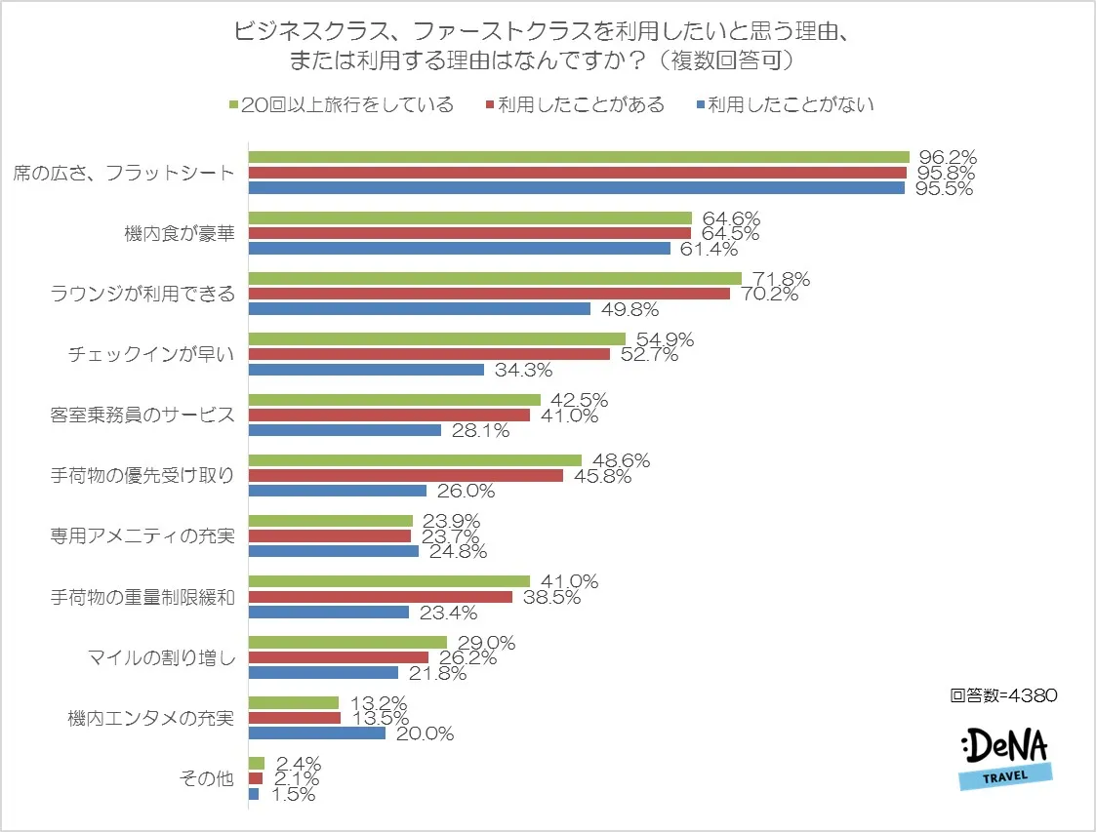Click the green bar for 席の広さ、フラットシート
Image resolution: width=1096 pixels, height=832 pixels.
click(x=579, y=157)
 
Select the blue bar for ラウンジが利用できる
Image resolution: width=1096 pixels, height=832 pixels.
click(x=420, y=309)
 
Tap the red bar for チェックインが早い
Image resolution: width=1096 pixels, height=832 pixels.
click(x=429, y=354)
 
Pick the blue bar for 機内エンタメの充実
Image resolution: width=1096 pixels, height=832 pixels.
click(x=317, y=733)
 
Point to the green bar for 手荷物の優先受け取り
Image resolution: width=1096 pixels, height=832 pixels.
click(x=415, y=460)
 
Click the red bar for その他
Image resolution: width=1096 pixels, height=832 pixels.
click(x=256, y=778)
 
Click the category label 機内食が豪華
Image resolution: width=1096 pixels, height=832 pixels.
click(x=180, y=233)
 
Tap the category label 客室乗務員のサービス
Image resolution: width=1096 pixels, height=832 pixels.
click(x=142, y=415)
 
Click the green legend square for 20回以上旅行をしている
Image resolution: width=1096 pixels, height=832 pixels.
click(x=233, y=104)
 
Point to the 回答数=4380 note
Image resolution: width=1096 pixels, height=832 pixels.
click(x=1002, y=695)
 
